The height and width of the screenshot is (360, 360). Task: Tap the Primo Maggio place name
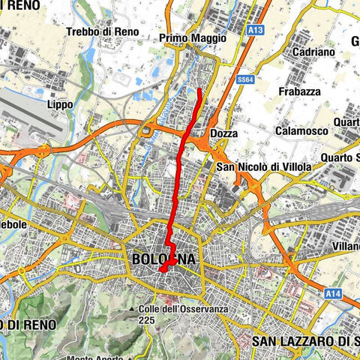[x=193, y=37]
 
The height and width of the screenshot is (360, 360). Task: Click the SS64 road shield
[x=242, y=78]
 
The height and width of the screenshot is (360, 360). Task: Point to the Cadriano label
[x=292, y=54]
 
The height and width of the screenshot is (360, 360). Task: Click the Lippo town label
[x=60, y=105]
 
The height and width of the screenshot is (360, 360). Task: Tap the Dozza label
[x=224, y=133]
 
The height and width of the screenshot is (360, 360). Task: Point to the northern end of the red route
[x=199, y=89]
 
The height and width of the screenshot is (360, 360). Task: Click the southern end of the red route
[x=160, y=271]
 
